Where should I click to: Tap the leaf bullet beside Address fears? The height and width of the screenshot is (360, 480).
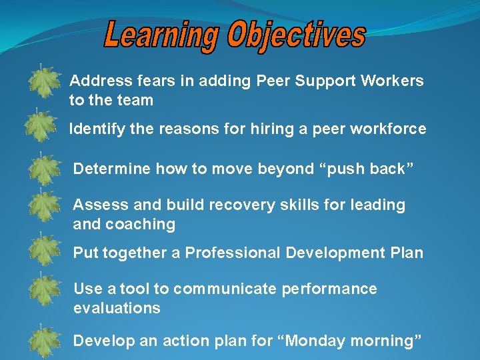coord(44,82)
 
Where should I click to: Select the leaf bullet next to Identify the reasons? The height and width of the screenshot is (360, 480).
coord(43,127)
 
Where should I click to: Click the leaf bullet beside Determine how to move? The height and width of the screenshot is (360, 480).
coord(44,169)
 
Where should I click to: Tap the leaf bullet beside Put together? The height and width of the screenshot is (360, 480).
coord(44,249)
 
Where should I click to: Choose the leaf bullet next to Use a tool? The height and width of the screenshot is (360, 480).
coord(44,290)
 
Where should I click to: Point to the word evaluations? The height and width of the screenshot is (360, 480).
coord(117,308)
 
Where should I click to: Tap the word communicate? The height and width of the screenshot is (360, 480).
coord(227,289)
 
